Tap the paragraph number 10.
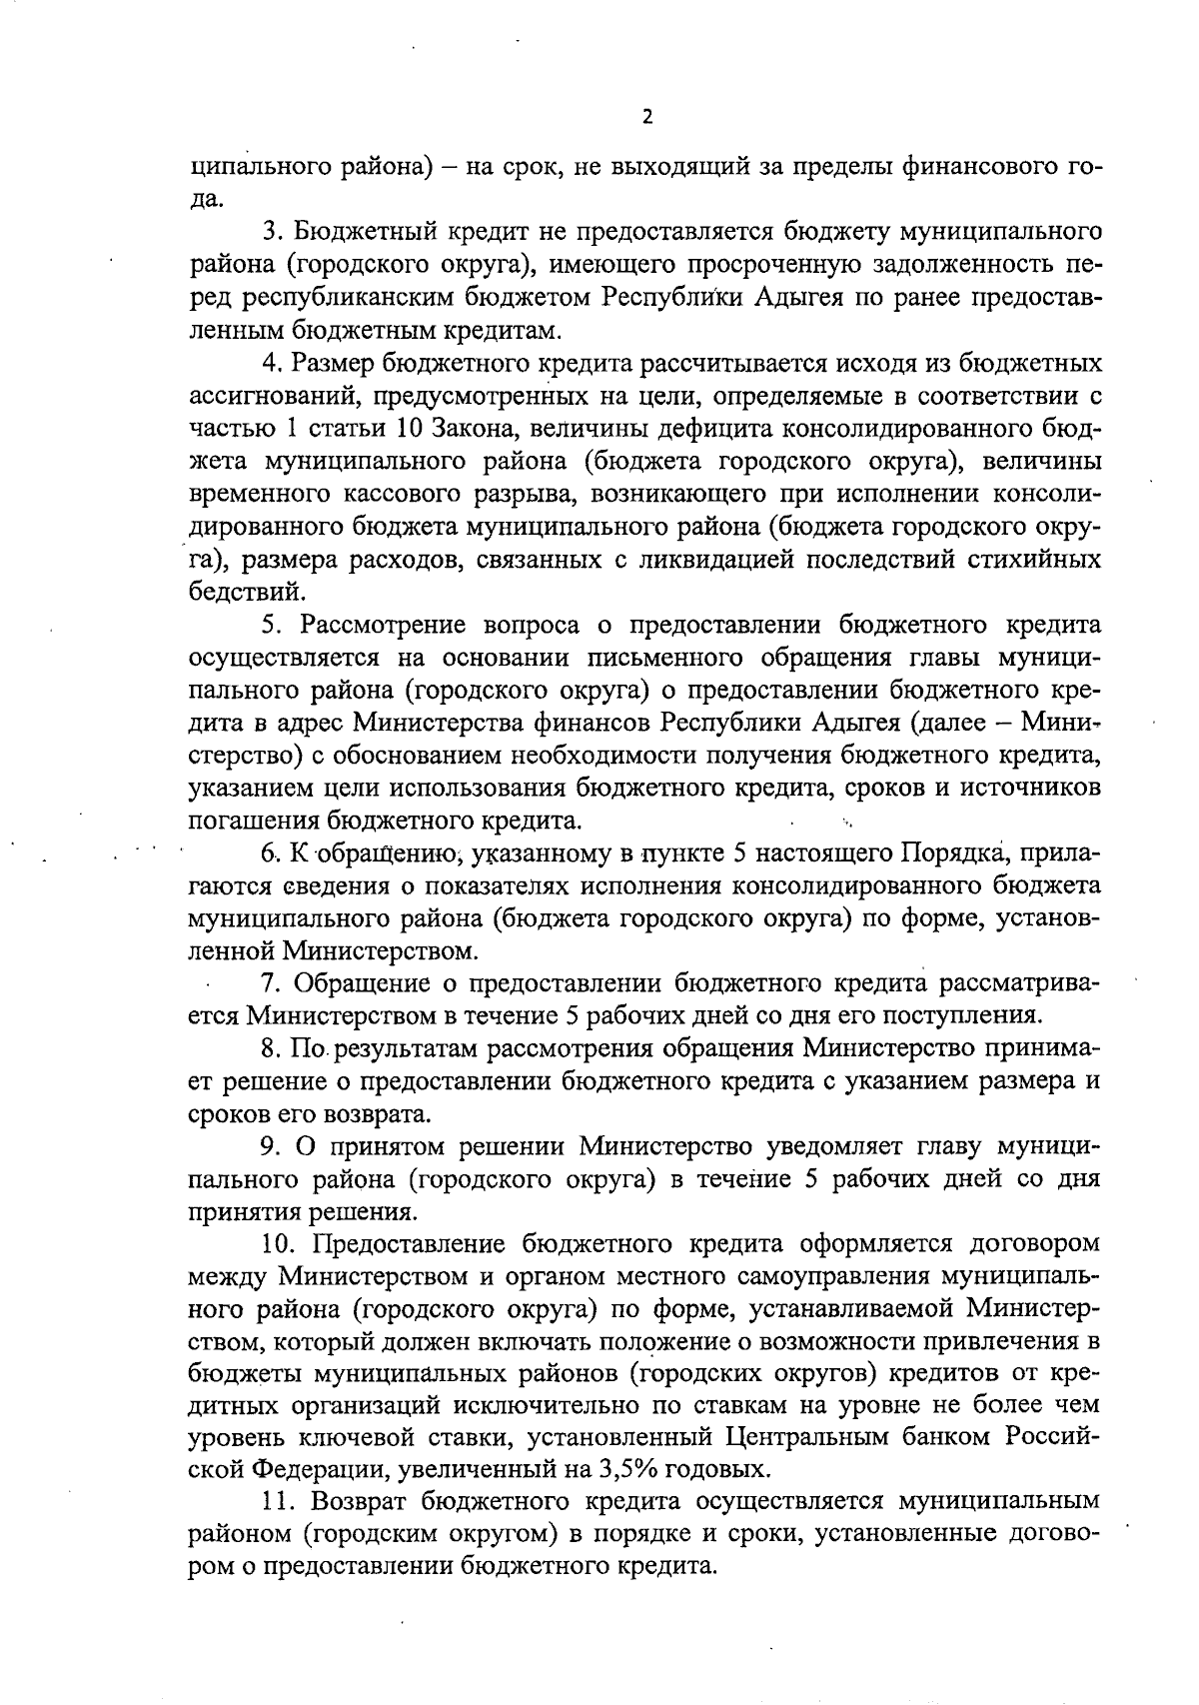point(279,1244)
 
